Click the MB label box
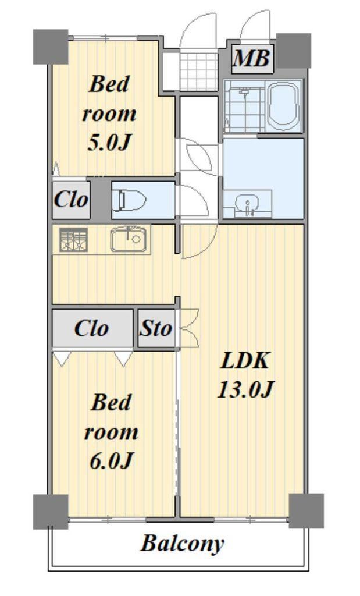(252, 59)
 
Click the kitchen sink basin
(128, 239)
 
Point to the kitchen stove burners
(74, 239)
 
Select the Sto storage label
(156, 328)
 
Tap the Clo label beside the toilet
(70, 199)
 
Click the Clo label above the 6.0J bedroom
(91, 328)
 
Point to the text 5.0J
(109, 143)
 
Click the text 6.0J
(111, 461)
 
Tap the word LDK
(245, 361)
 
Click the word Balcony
(182, 544)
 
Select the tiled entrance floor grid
(198, 71)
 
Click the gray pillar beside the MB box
(293, 51)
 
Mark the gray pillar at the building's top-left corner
(51, 47)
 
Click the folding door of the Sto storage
(189, 328)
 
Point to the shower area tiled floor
(245, 106)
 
